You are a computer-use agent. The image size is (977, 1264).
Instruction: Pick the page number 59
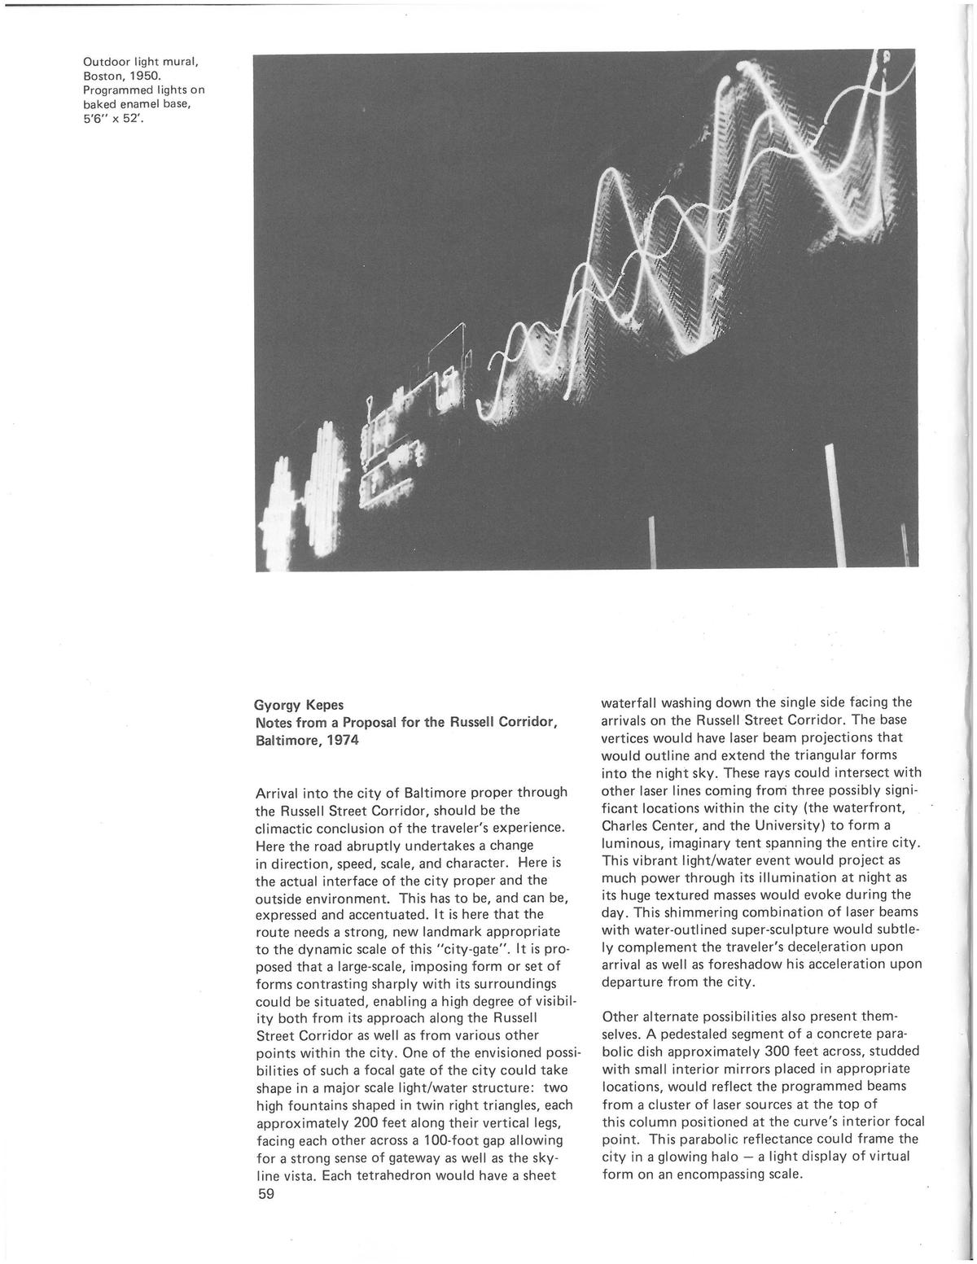[266, 1194]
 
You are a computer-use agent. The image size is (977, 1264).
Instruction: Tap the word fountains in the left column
[319, 1105]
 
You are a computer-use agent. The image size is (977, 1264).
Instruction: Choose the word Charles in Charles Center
[625, 824]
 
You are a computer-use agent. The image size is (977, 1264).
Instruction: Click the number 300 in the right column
[783, 1051]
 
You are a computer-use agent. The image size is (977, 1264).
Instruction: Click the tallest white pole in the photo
[834, 505]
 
